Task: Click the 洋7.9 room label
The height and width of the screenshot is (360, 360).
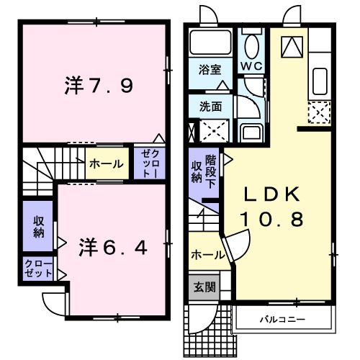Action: (x=95, y=87)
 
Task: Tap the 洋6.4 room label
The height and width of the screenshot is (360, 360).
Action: (x=113, y=247)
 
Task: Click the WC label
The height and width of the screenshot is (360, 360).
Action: (x=251, y=66)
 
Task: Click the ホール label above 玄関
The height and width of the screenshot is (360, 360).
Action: (x=207, y=255)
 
